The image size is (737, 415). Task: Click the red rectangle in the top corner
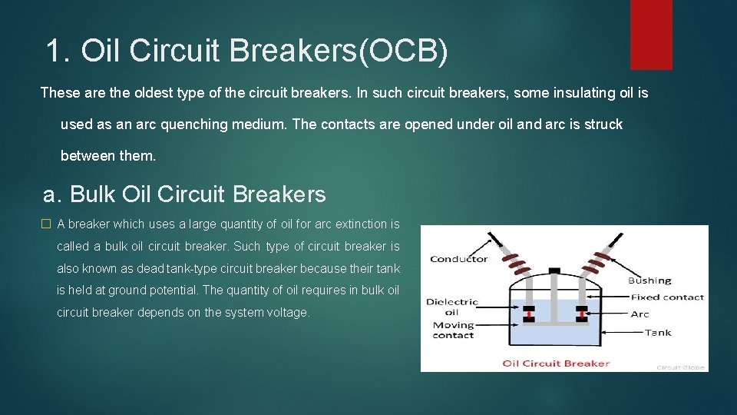point(651,35)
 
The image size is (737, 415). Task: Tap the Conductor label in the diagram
point(459,259)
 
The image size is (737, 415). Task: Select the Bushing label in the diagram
point(649,281)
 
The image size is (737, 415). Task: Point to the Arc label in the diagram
point(640,314)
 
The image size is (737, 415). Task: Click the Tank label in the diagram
point(658,332)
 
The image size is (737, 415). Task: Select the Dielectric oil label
point(452,307)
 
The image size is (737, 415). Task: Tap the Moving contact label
point(453,330)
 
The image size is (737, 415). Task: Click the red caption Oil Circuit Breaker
point(556,364)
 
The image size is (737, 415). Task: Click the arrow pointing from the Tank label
point(622,332)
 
